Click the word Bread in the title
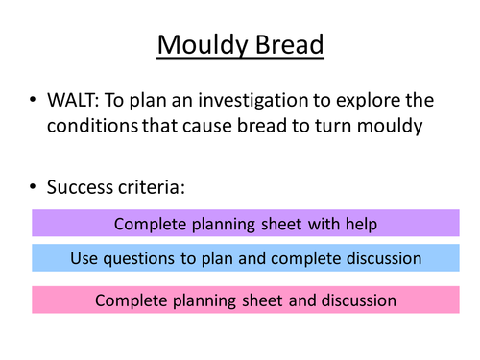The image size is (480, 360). (x=287, y=45)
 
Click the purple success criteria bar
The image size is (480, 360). (x=245, y=224)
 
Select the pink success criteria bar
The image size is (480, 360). (x=245, y=300)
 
